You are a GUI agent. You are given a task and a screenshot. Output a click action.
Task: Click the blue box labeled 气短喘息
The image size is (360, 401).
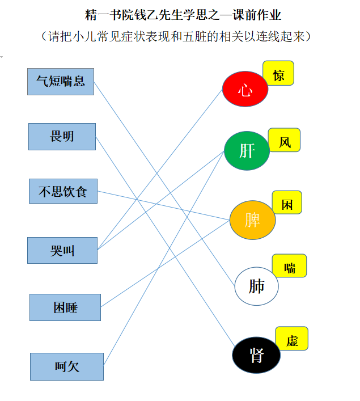(x=61, y=82)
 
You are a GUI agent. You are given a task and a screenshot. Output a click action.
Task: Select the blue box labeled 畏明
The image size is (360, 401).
(x=62, y=137)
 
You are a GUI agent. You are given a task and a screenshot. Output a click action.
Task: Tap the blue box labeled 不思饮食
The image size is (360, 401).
(x=63, y=191)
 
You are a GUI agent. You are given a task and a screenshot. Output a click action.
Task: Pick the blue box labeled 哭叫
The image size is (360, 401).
(x=62, y=250)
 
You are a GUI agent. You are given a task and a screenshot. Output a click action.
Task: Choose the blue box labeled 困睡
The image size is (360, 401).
(x=65, y=307)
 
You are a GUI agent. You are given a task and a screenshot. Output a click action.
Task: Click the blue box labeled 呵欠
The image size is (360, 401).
(x=67, y=366)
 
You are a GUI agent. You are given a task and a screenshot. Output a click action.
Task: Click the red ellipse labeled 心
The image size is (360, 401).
(x=245, y=89)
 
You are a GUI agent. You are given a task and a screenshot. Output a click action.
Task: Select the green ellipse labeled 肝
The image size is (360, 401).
(x=247, y=151)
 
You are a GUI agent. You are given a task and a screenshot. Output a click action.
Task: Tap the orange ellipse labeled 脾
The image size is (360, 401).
(x=253, y=220)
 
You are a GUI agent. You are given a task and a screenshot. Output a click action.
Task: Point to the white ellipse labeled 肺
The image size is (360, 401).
(x=256, y=286)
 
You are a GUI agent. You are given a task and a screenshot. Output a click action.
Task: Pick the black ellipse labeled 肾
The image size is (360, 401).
(x=256, y=355)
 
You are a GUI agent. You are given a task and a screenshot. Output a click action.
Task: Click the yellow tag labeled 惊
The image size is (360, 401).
(x=278, y=73)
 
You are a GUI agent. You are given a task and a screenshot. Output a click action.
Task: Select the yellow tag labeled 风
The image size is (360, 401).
(x=285, y=140)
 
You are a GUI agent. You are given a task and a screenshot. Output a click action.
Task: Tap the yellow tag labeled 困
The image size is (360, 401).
(x=287, y=202)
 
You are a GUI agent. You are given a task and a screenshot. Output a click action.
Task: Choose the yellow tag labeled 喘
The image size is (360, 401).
(x=290, y=265)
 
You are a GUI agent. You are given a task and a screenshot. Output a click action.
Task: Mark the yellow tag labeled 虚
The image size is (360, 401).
(x=292, y=339)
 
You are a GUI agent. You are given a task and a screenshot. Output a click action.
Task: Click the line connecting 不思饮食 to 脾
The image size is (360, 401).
(x=164, y=205)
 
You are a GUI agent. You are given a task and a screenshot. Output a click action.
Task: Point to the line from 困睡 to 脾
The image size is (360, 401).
(x=166, y=263)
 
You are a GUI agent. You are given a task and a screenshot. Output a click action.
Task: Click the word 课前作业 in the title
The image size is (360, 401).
(x=257, y=15)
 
